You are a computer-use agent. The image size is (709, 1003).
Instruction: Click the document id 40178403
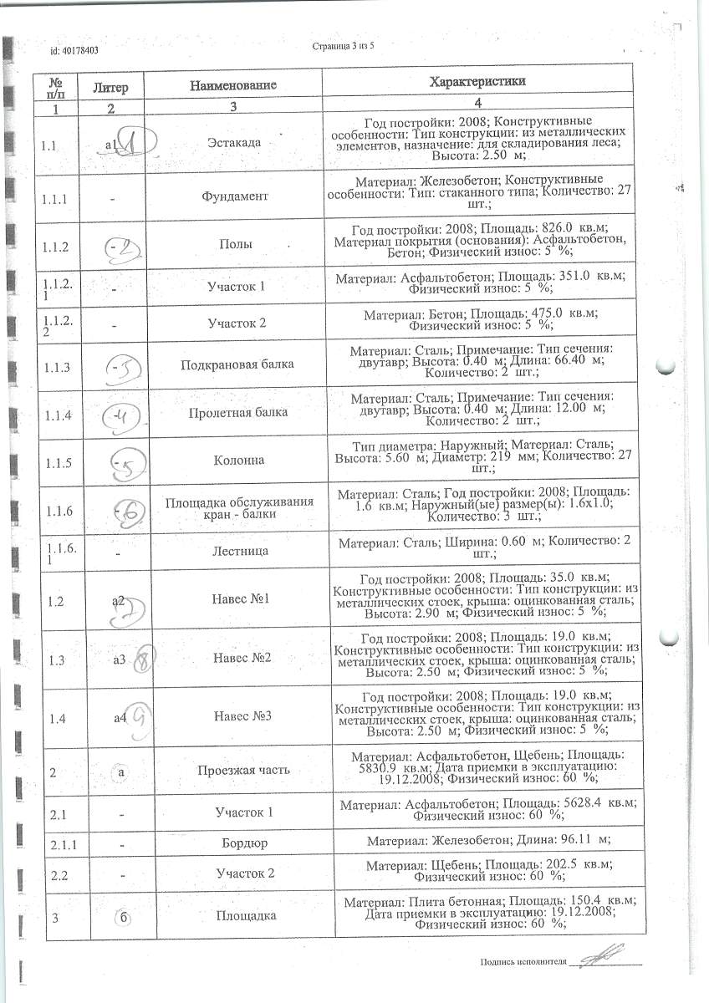coord(74,50)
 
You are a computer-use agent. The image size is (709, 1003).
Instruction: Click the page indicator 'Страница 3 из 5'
coord(343,46)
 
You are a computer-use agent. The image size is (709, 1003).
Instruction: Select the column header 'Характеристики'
coord(477,82)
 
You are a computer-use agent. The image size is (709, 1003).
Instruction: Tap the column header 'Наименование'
coord(233,85)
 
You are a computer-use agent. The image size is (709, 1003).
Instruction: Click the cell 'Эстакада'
coord(233,142)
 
